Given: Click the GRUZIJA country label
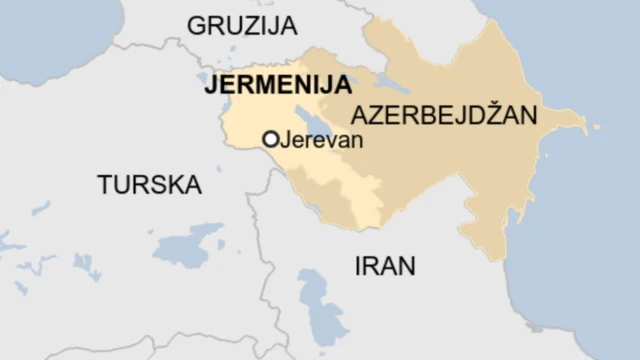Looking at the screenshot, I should click(244, 26).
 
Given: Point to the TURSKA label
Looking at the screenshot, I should click(149, 184).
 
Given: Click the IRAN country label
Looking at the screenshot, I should click(385, 265).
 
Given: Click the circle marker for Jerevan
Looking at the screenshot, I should click(270, 140).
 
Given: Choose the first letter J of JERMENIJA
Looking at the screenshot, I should click(209, 85).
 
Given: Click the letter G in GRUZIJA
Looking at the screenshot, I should click(196, 26).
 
